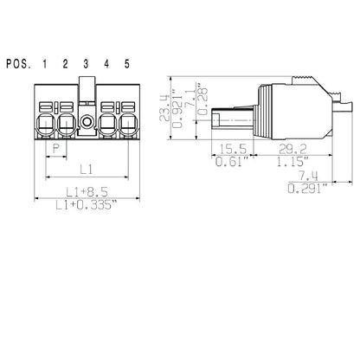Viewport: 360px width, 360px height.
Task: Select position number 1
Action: pos(45,63)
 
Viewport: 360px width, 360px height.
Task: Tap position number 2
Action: pos(65,63)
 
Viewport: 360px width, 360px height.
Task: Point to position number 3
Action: pos(86,63)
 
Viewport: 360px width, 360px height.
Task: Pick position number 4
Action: pos(106,63)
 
